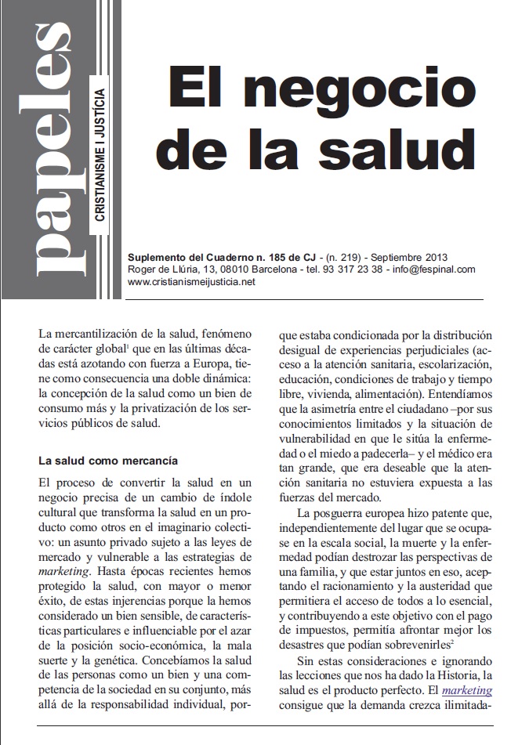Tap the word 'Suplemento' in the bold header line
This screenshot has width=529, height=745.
pos(155,257)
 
